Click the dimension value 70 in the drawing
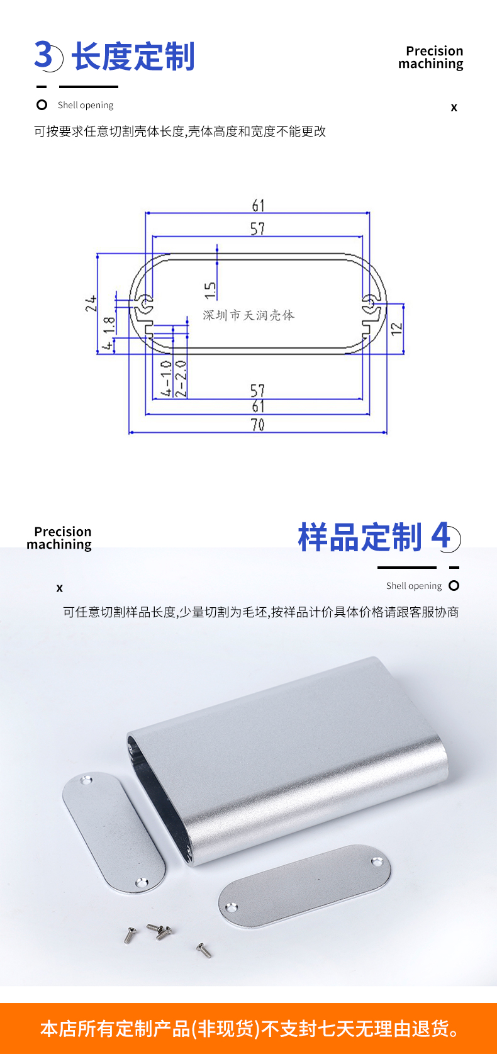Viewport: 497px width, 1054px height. (258, 424)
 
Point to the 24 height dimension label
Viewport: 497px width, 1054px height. (91, 303)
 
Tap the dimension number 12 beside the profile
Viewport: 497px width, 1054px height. (397, 328)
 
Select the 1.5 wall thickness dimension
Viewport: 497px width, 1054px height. (210, 291)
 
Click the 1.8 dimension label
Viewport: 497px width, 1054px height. (109, 325)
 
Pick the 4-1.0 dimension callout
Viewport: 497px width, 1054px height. (166, 379)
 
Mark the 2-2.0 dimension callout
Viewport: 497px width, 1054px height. (181, 379)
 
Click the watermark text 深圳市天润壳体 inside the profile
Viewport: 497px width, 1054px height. (248, 315)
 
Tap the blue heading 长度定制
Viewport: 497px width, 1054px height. (133, 57)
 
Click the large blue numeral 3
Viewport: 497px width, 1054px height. (43, 55)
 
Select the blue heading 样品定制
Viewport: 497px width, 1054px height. (360, 537)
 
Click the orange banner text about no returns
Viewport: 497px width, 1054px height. (249, 1029)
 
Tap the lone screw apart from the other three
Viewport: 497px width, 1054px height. (204, 950)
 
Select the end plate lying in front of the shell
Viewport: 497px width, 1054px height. (304, 885)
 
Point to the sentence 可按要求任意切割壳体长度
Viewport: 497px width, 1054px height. (109, 132)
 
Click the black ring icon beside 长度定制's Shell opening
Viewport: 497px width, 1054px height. (42, 104)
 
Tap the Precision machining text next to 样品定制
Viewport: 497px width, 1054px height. (59, 538)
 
